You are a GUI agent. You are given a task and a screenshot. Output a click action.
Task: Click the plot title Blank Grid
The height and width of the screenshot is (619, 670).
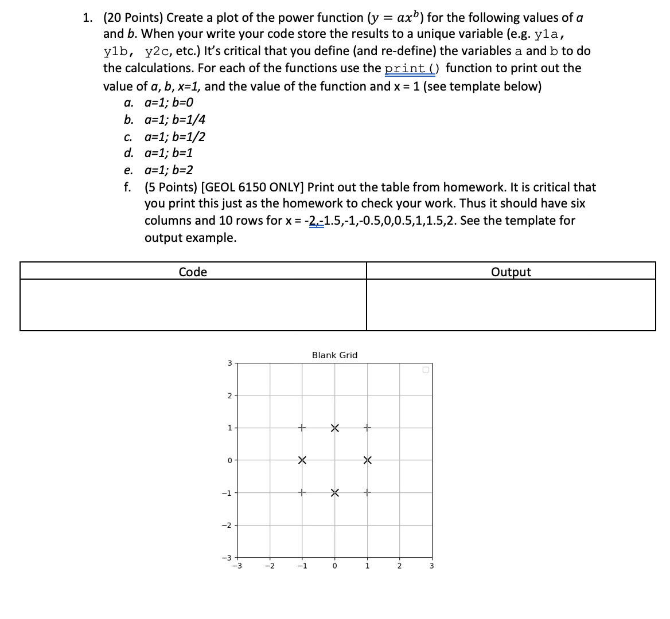coord(334,355)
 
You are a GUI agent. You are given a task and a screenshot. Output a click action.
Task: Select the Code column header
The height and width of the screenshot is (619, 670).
coord(193,272)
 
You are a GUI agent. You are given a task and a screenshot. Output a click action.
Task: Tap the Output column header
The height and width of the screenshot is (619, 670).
coord(511,272)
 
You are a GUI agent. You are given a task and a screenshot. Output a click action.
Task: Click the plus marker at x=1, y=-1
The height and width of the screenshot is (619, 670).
coord(368,492)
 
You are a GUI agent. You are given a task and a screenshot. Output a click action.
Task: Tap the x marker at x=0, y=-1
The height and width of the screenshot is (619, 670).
coord(335,492)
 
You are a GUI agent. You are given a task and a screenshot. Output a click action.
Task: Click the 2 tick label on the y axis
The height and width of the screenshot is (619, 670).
coord(229,395)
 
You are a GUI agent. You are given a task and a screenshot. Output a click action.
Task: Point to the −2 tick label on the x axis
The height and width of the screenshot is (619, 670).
coord(268,567)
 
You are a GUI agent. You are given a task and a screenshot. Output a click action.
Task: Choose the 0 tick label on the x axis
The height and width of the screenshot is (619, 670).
coord(334,567)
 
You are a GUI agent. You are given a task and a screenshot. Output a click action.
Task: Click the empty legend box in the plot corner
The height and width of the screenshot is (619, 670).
coord(426,370)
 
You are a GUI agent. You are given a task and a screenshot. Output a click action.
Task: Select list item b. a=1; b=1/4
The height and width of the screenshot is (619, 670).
coord(165,120)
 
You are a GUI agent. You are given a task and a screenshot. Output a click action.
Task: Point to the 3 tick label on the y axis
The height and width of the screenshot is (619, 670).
coord(229,363)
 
